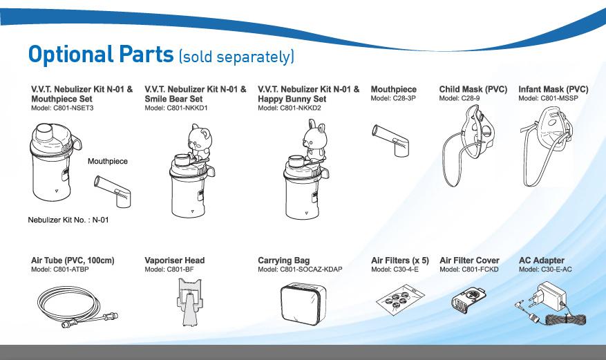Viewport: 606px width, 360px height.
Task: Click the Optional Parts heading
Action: point(101,55)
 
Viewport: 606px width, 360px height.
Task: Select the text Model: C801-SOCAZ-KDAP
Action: point(300,269)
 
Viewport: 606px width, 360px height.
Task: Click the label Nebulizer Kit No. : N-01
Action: point(68,220)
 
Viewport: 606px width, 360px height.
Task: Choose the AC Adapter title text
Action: point(541,260)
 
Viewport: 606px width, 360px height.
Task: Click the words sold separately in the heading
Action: point(236,56)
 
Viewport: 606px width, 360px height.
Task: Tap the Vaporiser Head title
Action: point(174,260)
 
